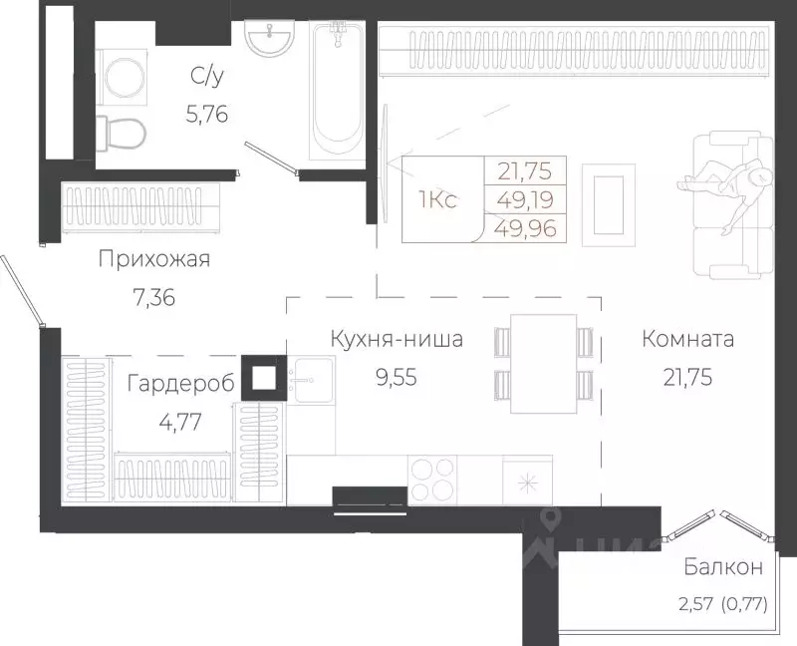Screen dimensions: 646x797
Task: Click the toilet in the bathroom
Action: [124, 131]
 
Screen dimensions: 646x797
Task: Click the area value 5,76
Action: [207, 114]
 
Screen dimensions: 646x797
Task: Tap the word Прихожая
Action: [154, 260]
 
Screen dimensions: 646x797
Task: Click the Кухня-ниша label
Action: [397, 339]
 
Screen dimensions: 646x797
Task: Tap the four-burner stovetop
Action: [431, 478]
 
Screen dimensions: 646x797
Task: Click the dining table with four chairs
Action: [543, 363]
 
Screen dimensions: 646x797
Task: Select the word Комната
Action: [688, 339]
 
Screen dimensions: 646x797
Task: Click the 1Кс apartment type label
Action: [437, 200]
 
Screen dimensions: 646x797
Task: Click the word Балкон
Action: [723, 568]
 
